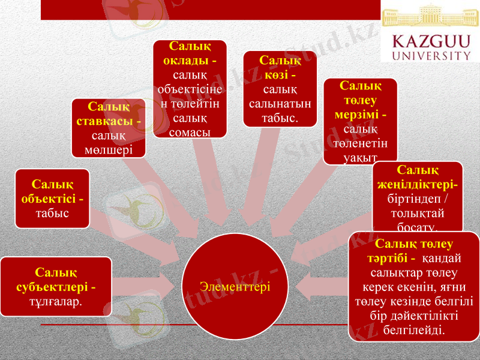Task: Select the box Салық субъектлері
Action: tap(56, 287)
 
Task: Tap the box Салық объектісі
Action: tap(53, 198)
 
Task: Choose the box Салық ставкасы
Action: tap(109, 128)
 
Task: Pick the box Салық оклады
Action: tap(190, 88)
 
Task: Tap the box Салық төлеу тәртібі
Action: tap(414, 286)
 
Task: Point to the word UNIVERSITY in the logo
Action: tap(431, 55)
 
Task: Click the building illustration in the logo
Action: tap(430, 16)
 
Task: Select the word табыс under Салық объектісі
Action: tap(53, 212)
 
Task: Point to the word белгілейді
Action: tap(414, 329)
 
